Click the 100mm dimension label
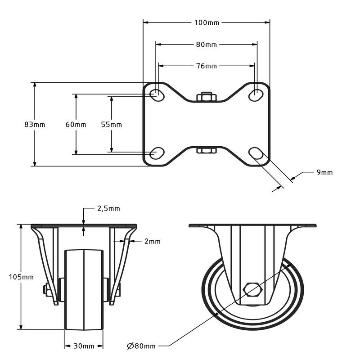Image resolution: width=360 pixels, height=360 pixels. click(207, 23)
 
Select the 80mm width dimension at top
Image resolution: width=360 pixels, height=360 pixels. click(207, 45)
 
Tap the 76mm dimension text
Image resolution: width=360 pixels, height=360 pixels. click(207, 66)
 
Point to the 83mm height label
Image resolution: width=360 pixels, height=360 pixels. click(35, 125)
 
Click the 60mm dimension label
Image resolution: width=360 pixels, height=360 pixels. click(76, 125)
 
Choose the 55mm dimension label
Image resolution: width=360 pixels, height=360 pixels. click(111, 125)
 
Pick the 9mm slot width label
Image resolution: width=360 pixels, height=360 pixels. click(324, 172)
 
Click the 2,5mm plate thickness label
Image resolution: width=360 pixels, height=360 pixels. click(108, 208)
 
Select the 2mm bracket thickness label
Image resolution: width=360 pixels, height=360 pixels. click(153, 241)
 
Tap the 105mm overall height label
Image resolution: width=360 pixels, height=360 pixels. click(21, 277)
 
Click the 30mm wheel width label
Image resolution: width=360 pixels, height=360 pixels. click(84, 346)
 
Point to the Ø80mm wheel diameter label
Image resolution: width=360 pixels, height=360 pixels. click(141, 346)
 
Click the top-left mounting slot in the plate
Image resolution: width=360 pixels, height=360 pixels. click(157, 94)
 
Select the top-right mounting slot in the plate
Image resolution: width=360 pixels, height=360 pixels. click(256, 94)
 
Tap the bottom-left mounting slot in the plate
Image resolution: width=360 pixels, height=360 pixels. click(157, 153)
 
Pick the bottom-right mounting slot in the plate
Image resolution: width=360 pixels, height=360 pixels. click(256, 153)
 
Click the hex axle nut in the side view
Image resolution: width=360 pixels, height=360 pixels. click(252, 289)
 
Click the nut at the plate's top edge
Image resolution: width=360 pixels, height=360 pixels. click(207, 97)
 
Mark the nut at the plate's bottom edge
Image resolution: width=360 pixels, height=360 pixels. click(207, 150)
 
